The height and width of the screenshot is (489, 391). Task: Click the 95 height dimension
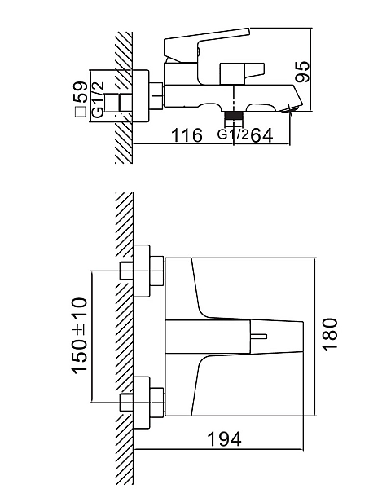point(303,72)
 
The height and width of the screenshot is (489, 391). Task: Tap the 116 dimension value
point(187,135)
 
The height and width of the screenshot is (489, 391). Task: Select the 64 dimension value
point(261,135)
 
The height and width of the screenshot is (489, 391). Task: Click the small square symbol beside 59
point(81,112)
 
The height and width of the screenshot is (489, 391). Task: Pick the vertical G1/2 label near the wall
point(99,99)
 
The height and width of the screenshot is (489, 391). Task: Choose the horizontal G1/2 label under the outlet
point(233,134)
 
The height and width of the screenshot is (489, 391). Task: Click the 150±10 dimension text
point(80,335)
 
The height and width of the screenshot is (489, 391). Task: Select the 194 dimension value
point(224,439)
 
